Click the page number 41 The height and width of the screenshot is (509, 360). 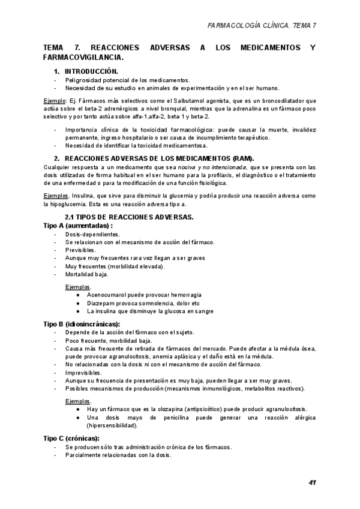point(313,483)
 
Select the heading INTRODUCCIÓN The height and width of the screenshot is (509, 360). point(91,71)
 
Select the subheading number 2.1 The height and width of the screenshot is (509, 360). point(70,217)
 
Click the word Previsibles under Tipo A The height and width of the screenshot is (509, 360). point(80,250)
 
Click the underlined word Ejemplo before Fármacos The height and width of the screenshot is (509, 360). point(56,101)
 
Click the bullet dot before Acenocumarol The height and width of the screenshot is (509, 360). point(79,295)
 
